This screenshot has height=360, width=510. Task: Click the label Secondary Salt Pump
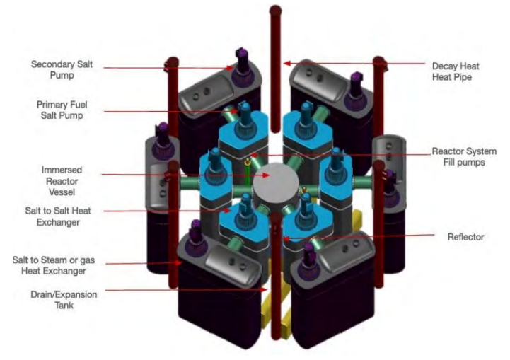62,69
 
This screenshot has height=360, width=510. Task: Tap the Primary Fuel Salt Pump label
62,110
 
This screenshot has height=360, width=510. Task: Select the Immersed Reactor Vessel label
62,181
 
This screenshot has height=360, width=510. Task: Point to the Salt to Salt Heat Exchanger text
58,216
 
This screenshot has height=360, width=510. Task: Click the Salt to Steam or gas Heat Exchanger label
54,265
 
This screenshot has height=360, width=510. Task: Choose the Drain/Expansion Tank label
64,300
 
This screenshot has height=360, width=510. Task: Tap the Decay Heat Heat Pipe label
456,71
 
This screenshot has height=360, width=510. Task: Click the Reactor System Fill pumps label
464,157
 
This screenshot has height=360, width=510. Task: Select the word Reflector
465,237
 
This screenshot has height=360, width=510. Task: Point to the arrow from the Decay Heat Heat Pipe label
354,64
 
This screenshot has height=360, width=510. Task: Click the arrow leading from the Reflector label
359,237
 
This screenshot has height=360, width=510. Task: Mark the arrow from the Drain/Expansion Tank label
186,289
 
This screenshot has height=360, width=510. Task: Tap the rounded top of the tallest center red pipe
275,10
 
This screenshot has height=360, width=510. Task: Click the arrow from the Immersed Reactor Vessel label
186,175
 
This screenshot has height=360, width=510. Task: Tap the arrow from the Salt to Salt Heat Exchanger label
168,211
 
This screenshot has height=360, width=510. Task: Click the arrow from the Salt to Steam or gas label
144,263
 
